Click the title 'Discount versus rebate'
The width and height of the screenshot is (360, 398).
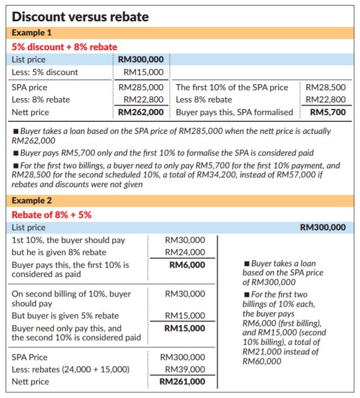tap(80, 17)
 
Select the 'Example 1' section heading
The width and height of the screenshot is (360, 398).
tap(31, 33)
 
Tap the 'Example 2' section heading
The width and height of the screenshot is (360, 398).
tap(31, 201)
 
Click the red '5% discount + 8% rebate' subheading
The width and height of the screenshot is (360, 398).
tap(64, 47)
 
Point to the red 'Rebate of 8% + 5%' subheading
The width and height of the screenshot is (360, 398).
tap(52, 214)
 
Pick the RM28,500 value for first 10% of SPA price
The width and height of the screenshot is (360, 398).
tap(326, 87)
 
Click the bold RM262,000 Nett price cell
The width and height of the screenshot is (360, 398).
tap(141, 112)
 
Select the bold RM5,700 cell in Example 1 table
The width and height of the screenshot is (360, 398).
tap(328, 112)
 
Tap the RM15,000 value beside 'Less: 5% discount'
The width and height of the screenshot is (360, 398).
tap(143, 72)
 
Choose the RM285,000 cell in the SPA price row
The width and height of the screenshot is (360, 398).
tap(141, 87)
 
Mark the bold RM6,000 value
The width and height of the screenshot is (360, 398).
tap(187, 265)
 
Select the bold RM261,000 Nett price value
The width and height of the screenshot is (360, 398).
tap(183, 382)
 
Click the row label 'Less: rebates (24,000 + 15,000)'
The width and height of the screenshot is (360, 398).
tap(70, 369)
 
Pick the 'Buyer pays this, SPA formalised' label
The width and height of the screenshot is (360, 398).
tap(234, 112)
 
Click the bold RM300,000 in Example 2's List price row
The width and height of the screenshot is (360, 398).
tap(323, 227)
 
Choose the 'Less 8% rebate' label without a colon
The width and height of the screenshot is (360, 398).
tap(204, 99)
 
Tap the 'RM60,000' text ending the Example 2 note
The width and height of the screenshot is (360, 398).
tap(262, 361)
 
